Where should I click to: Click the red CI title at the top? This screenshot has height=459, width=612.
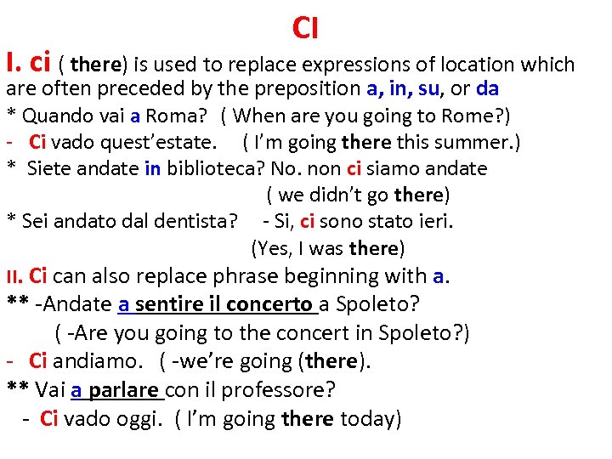click(305, 28)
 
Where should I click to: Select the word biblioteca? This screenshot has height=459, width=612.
click(208, 168)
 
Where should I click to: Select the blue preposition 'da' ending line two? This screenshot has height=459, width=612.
click(488, 88)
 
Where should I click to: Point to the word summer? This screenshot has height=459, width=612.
click(473, 142)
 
